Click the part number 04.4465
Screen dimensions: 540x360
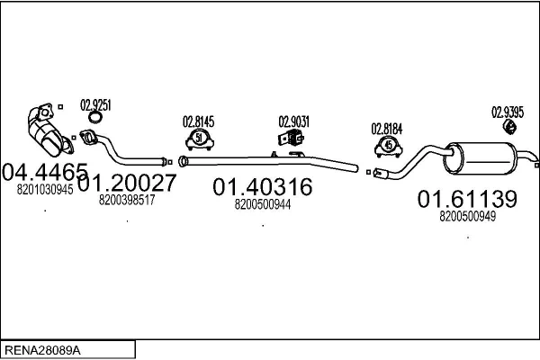coord(45,172)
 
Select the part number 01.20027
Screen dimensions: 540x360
coord(127,183)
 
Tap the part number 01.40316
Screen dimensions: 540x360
coord(263,187)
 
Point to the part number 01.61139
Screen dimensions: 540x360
coord(467,199)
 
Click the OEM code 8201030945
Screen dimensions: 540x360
coord(45,190)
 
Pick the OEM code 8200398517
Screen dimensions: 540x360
coord(127,200)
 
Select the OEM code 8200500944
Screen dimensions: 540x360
coord(263,204)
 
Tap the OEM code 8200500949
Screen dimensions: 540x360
coord(468,216)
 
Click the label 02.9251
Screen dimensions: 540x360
coord(95,105)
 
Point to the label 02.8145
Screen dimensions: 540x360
coord(198,121)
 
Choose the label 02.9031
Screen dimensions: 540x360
coord(294,121)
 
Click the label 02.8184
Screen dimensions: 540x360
coord(387,130)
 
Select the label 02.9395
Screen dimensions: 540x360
coord(508,112)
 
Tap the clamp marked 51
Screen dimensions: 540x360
coord(200,139)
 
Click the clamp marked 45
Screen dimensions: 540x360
coord(389,147)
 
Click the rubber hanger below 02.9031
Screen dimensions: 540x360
coord(291,138)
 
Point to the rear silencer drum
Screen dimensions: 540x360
coord(480,158)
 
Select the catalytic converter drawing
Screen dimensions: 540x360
coord(50,130)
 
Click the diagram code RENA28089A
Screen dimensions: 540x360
coord(42,350)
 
